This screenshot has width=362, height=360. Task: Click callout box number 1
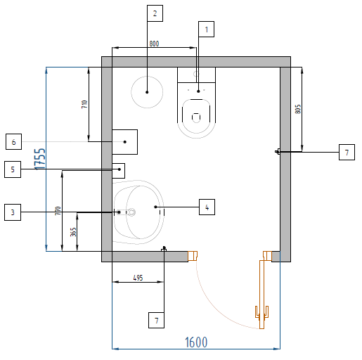[206, 30]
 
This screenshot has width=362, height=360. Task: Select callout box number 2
[155, 13]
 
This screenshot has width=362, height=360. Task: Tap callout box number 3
[13, 212]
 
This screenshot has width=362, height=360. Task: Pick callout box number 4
[207, 207]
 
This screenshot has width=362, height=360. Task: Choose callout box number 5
[13, 169]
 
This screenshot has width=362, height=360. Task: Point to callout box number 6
[13, 142]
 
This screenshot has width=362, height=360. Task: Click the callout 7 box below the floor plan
[156, 320]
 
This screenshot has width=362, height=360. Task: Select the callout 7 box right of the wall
[347, 153]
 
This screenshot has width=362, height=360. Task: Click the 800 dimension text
[154, 44]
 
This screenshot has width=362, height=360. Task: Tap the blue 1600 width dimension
[196, 342]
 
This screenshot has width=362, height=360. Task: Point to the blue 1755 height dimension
[40, 159]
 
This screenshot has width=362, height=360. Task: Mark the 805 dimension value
[297, 109]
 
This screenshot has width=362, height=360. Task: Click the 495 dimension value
[138, 278]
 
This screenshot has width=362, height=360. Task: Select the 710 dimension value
[84, 104]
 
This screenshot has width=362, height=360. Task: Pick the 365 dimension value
[73, 232]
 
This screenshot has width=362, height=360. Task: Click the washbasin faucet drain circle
[131, 212]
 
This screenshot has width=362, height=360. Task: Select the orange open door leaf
[262, 294]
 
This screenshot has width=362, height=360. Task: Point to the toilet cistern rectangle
[196, 75]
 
